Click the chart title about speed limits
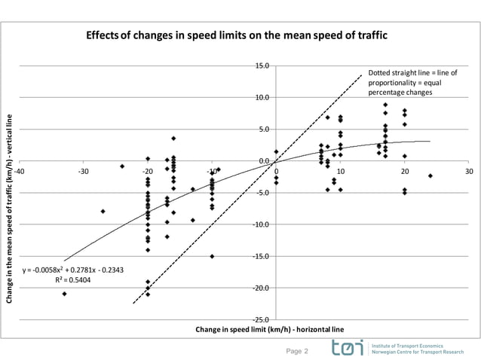tap(240, 35)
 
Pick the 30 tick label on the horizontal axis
tap(469, 171)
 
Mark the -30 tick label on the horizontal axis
tap(83, 171)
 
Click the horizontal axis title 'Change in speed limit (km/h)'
tap(269, 330)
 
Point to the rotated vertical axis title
tap(10, 208)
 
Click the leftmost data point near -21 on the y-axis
tap(64, 294)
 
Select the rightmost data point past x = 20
tap(430, 175)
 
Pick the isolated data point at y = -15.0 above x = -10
tap(212, 256)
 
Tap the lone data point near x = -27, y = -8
tap(103, 212)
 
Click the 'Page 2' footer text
tap(298, 351)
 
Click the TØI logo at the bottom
tap(347, 348)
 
